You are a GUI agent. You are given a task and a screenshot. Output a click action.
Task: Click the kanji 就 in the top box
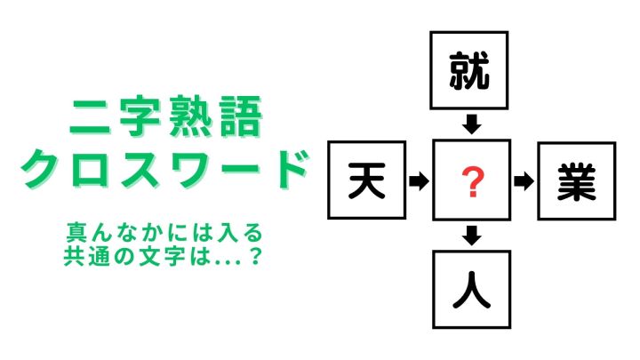(469, 70)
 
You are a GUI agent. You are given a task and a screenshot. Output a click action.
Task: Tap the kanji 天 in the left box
(367, 180)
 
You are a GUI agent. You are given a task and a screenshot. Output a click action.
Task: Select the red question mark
(472, 182)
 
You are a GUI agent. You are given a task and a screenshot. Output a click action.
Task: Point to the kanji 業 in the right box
(576, 181)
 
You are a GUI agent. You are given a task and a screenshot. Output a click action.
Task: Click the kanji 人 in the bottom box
(471, 290)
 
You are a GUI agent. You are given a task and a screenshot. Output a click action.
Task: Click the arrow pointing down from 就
(472, 124)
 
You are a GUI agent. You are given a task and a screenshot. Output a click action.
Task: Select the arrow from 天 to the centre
(419, 180)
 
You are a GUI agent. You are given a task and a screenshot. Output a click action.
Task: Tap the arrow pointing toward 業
(524, 181)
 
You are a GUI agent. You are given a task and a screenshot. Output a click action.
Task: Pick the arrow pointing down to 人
(472, 235)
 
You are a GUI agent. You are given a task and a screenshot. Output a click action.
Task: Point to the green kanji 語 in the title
(240, 116)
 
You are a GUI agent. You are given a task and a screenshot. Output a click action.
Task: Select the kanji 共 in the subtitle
(74, 257)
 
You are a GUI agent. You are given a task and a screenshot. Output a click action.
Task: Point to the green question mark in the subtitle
(255, 257)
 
